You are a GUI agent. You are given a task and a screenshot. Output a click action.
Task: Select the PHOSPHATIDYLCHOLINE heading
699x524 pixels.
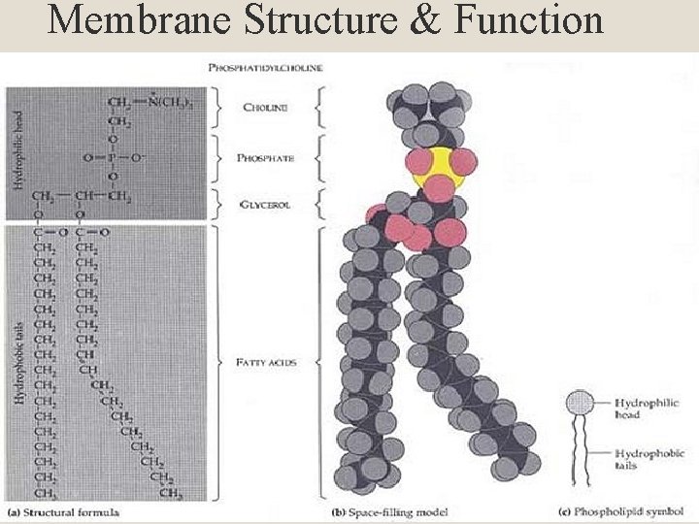[266, 67]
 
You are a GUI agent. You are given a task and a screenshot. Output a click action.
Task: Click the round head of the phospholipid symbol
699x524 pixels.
[581, 403]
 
